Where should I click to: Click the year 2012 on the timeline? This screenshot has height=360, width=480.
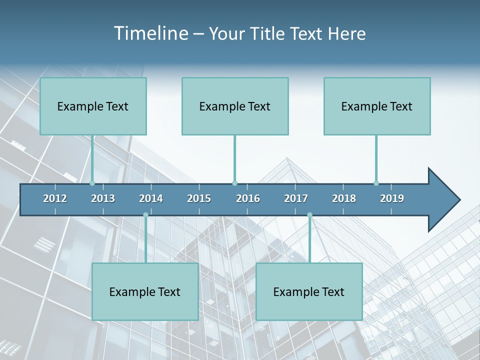(55, 198)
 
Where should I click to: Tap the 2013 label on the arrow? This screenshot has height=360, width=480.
(103, 198)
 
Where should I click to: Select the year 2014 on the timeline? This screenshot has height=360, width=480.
(151, 198)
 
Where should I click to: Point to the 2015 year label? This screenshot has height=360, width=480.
(199, 198)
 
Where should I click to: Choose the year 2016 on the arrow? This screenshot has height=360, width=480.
(248, 198)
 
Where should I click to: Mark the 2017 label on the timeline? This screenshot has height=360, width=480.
(296, 198)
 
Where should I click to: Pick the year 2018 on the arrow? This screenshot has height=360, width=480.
(344, 198)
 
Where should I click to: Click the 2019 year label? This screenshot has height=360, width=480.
(392, 198)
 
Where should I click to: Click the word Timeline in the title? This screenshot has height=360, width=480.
(150, 33)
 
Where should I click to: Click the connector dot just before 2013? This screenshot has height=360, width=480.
(92, 183)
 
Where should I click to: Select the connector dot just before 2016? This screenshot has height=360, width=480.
(234, 183)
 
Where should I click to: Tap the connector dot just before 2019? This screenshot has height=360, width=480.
(376, 183)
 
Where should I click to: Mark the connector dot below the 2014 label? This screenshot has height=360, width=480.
(145, 215)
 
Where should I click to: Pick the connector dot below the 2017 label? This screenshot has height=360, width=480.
(309, 215)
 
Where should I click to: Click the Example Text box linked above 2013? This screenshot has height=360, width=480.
(93, 106)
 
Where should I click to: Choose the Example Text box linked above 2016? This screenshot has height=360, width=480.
(235, 106)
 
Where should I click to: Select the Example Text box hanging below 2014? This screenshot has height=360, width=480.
(145, 291)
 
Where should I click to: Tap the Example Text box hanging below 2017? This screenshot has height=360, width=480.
(309, 291)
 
